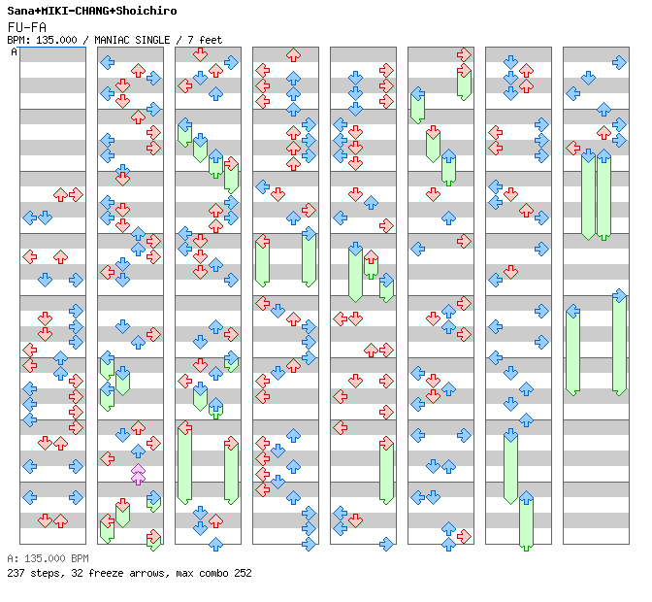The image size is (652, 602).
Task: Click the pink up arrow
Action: click(138, 474)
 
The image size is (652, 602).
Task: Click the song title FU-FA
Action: click(26, 27)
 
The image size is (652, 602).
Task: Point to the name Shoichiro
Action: click(147, 11)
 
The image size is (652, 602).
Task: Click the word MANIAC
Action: click(112, 40)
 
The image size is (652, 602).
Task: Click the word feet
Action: click(211, 40)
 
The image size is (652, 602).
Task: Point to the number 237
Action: click(16, 573)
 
